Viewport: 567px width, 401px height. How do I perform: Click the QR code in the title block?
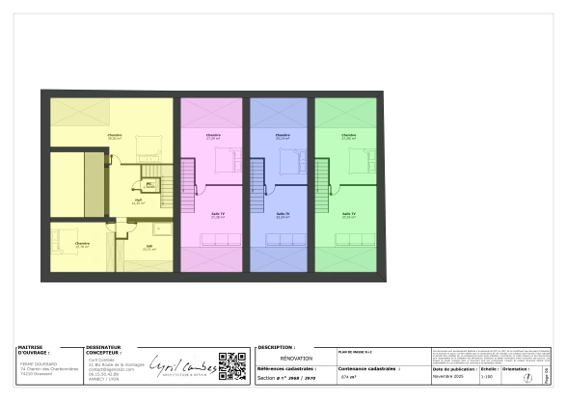(232, 367)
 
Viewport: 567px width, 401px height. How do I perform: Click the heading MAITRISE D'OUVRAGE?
(35, 350)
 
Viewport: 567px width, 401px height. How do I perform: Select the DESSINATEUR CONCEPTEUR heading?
(103, 350)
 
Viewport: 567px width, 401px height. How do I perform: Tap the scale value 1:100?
(486, 378)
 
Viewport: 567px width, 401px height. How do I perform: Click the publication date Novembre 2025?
(449, 378)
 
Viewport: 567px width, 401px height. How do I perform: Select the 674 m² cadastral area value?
(349, 378)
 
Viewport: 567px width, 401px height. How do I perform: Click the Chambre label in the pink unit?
(213, 135)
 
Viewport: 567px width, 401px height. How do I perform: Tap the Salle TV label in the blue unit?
(283, 214)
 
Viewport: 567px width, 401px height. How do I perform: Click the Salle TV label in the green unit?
(348, 214)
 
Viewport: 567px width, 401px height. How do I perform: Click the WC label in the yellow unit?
(149, 183)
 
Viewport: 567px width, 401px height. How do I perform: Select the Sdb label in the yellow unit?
(149, 246)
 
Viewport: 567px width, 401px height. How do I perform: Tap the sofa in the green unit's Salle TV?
(349, 239)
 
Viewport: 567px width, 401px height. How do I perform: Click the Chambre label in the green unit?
(348, 135)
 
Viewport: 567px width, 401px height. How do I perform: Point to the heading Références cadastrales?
(286, 368)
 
